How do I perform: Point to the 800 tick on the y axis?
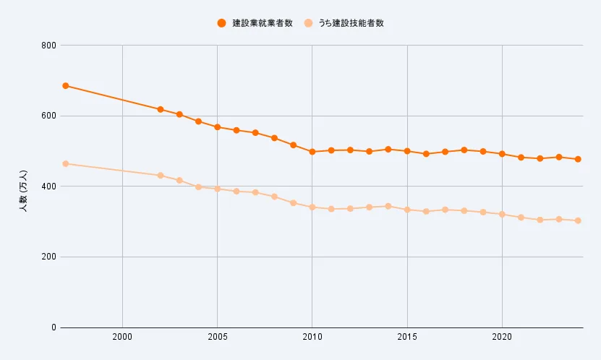[49, 46]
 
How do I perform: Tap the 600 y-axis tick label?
[49, 116]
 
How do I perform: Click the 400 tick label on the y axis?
[49, 187]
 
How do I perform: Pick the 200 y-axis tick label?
[49, 257]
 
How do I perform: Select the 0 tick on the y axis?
[54, 327]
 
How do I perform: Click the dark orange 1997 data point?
[65, 85]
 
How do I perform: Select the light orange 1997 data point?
[65, 163]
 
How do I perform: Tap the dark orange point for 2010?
[312, 152]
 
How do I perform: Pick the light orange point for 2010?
[312, 207]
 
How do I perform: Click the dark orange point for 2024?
[578, 159]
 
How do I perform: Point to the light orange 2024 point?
[578, 220]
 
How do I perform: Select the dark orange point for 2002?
[161, 109]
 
